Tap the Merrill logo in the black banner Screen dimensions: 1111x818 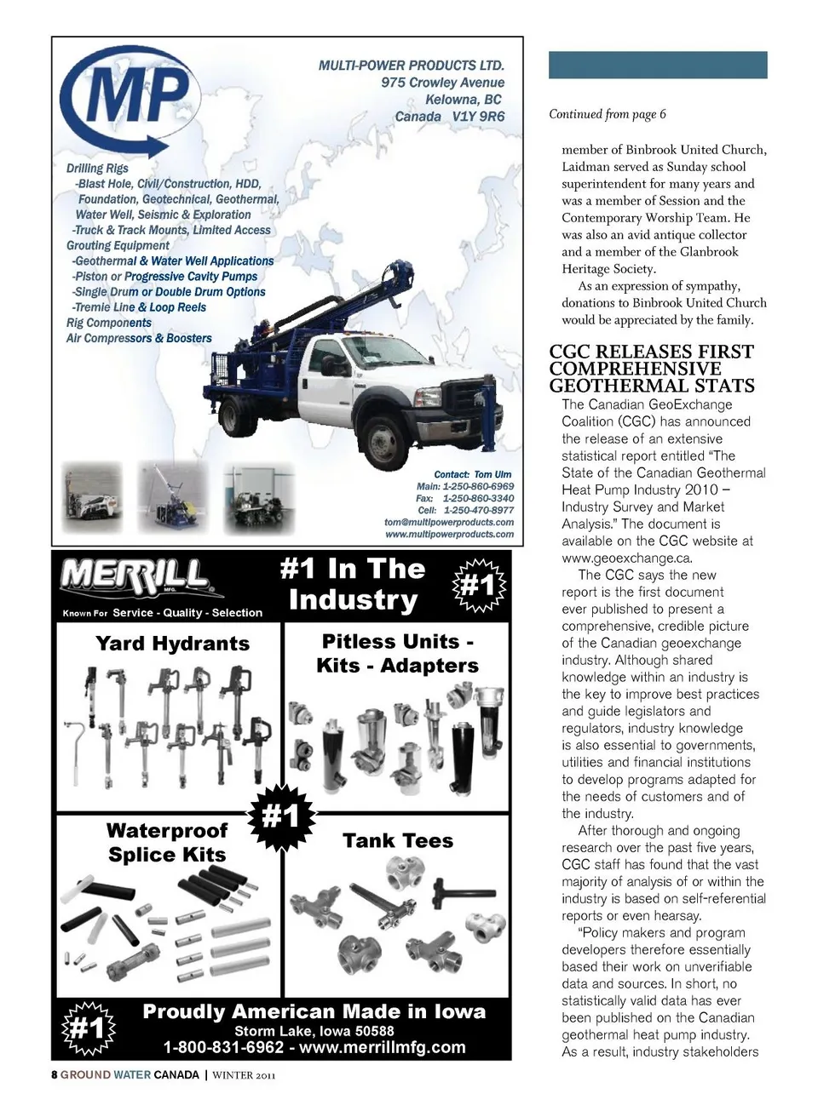tap(134, 578)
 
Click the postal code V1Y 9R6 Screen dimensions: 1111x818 tap(478, 117)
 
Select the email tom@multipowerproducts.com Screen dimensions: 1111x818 tap(449, 523)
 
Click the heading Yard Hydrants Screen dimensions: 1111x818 tap(173, 644)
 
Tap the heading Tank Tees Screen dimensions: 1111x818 tap(398, 841)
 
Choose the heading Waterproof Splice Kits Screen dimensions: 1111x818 tap(167, 843)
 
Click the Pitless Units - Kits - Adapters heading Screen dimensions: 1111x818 tap(398, 654)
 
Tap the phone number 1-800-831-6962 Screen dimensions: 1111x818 tap(223, 1048)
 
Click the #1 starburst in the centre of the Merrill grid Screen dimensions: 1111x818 tap(281, 817)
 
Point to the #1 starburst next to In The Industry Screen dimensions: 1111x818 tap(477, 586)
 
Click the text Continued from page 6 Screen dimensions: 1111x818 tap(608, 114)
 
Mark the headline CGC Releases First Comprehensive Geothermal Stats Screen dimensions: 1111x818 tap(652, 369)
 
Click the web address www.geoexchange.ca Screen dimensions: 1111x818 tap(626, 558)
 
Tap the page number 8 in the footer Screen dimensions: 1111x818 tap(55, 1074)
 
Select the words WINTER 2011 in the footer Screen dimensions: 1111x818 tap(244, 1075)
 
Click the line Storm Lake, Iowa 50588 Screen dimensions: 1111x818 tap(314, 1031)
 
